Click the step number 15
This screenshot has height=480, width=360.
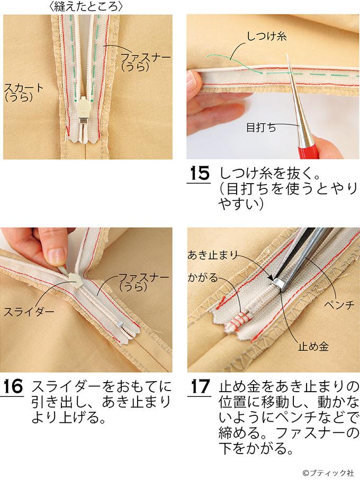(x=200, y=174)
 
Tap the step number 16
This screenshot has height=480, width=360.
(x=13, y=387)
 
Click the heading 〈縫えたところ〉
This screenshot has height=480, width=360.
(x=86, y=6)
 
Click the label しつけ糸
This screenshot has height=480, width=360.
(x=267, y=37)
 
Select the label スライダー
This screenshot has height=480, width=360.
(x=29, y=312)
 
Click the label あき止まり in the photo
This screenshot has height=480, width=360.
(x=213, y=255)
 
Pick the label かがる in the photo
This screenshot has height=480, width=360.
(x=203, y=278)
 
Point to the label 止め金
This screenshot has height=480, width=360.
(x=313, y=347)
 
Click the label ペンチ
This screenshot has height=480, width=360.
(x=339, y=305)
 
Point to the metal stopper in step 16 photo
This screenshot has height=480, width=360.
(x=120, y=322)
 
